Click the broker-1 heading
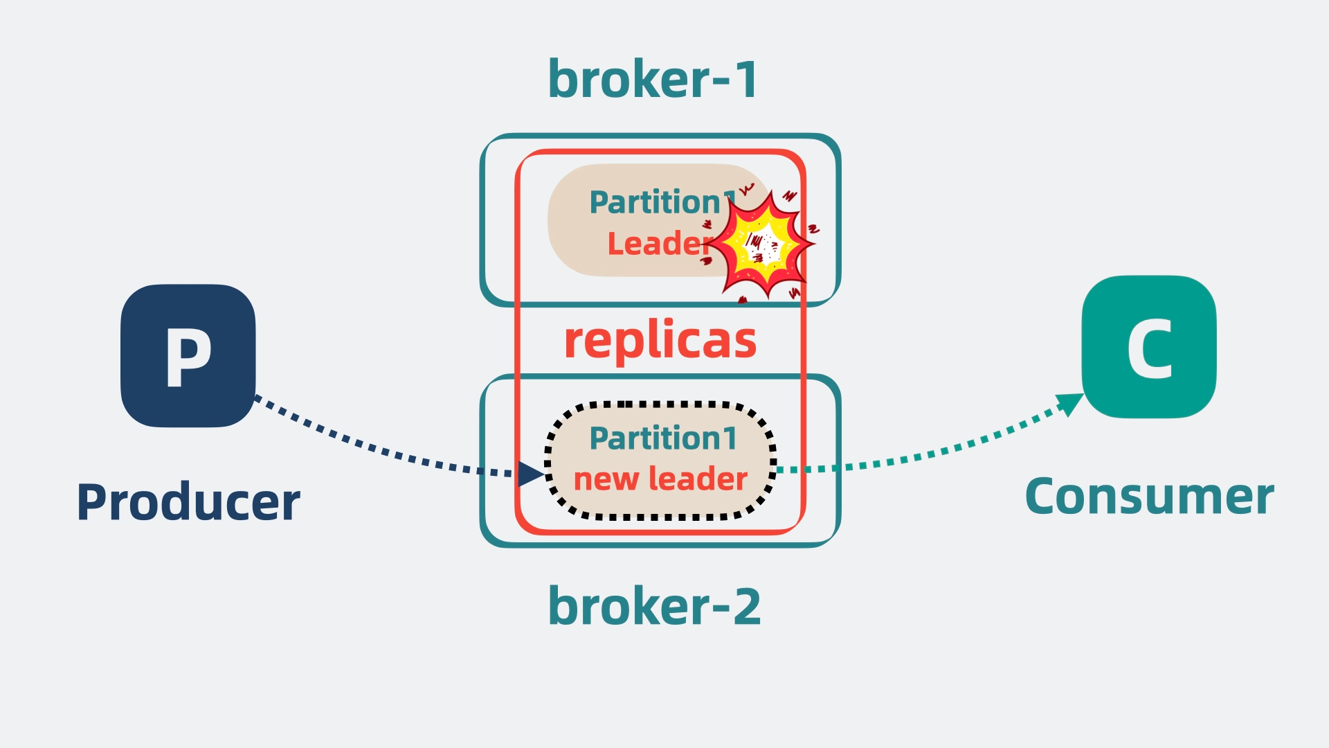(653, 80)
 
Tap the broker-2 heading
(654, 607)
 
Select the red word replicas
(660, 341)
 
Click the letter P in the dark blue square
(188, 356)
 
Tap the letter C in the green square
(1149, 348)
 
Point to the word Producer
(188, 502)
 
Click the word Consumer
(1149, 497)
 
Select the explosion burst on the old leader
(761, 244)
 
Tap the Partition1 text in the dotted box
(662, 438)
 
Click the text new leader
(660, 479)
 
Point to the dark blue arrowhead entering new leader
(531, 474)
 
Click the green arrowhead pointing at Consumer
(1070, 402)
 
